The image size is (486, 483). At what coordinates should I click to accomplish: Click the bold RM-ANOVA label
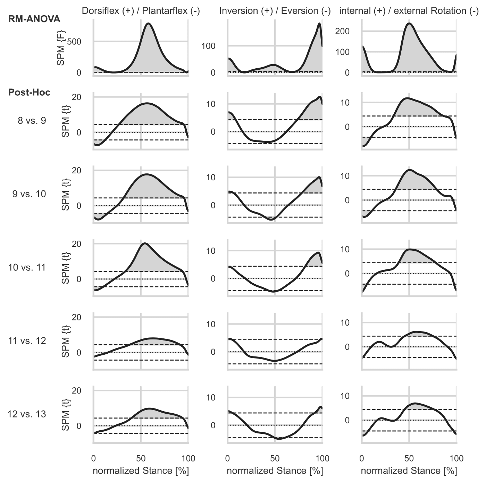tap(34, 19)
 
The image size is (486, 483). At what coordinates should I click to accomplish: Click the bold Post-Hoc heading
tap(30, 93)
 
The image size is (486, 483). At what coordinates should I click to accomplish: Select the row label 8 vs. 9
tap(32, 121)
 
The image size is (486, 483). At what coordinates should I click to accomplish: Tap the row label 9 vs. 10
tap(29, 194)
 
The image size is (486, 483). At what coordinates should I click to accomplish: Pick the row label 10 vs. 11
tap(27, 267)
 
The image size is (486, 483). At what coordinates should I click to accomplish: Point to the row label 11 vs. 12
tap(27, 341)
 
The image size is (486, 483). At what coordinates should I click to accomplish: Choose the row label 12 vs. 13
tap(27, 414)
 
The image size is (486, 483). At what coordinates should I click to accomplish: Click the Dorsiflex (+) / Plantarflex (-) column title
tap(141, 11)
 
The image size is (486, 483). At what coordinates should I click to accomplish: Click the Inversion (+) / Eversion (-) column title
tap(275, 11)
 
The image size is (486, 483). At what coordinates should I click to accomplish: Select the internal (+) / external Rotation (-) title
tap(409, 11)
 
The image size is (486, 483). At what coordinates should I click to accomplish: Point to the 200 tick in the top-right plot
tap(342, 31)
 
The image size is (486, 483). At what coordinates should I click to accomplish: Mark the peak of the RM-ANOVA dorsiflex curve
tap(149, 23)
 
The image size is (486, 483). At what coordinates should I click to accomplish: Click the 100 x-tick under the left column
tap(188, 459)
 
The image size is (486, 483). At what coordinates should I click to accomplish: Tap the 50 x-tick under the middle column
tap(275, 459)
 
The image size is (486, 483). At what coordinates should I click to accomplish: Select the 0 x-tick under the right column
tap(362, 459)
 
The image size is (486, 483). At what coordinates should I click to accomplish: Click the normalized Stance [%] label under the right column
tap(409, 471)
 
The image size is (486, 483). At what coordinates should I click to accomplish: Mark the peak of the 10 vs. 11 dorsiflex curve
tap(144, 243)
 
